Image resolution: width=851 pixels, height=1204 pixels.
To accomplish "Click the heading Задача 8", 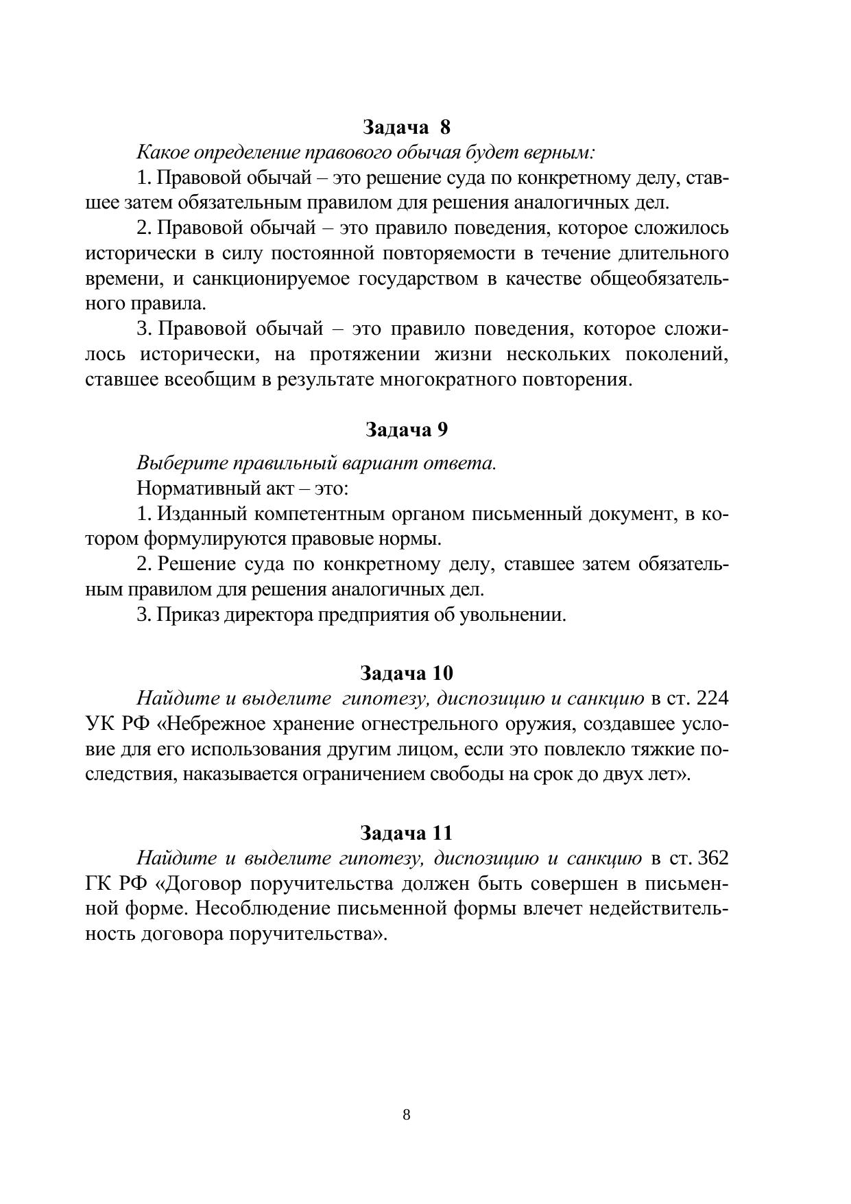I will [x=407, y=127].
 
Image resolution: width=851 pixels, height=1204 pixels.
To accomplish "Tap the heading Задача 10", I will [x=407, y=672].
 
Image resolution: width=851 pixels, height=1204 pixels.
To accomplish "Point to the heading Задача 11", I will [x=407, y=833].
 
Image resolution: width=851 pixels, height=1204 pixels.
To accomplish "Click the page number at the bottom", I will [x=407, y=1115].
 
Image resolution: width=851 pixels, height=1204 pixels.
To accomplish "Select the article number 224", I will [x=712, y=698].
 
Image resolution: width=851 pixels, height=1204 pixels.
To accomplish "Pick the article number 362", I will [x=712, y=859].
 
